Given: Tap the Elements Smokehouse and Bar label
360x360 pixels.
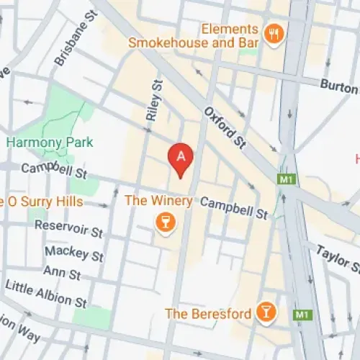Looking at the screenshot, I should [x=192, y=36].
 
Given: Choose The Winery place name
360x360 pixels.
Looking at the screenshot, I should [x=158, y=201].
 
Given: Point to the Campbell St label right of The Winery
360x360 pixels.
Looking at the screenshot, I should [x=234, y=209].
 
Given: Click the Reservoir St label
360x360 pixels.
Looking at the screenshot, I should [x=69, y=228].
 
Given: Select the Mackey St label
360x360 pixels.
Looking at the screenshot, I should [x=73, y=253].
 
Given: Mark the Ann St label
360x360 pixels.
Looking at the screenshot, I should [x=63, y=271].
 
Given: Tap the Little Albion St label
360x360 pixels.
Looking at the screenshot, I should [x=47, y=291].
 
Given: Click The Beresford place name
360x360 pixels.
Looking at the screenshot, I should [x=207, y=313].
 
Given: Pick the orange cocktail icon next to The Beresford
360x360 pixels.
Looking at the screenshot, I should [x=266, y=311].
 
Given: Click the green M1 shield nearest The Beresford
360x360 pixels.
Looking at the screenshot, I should [x=302, y=315].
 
